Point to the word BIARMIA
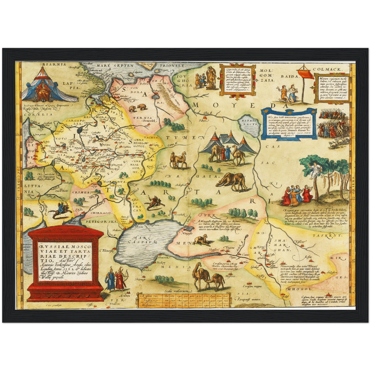50,64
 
